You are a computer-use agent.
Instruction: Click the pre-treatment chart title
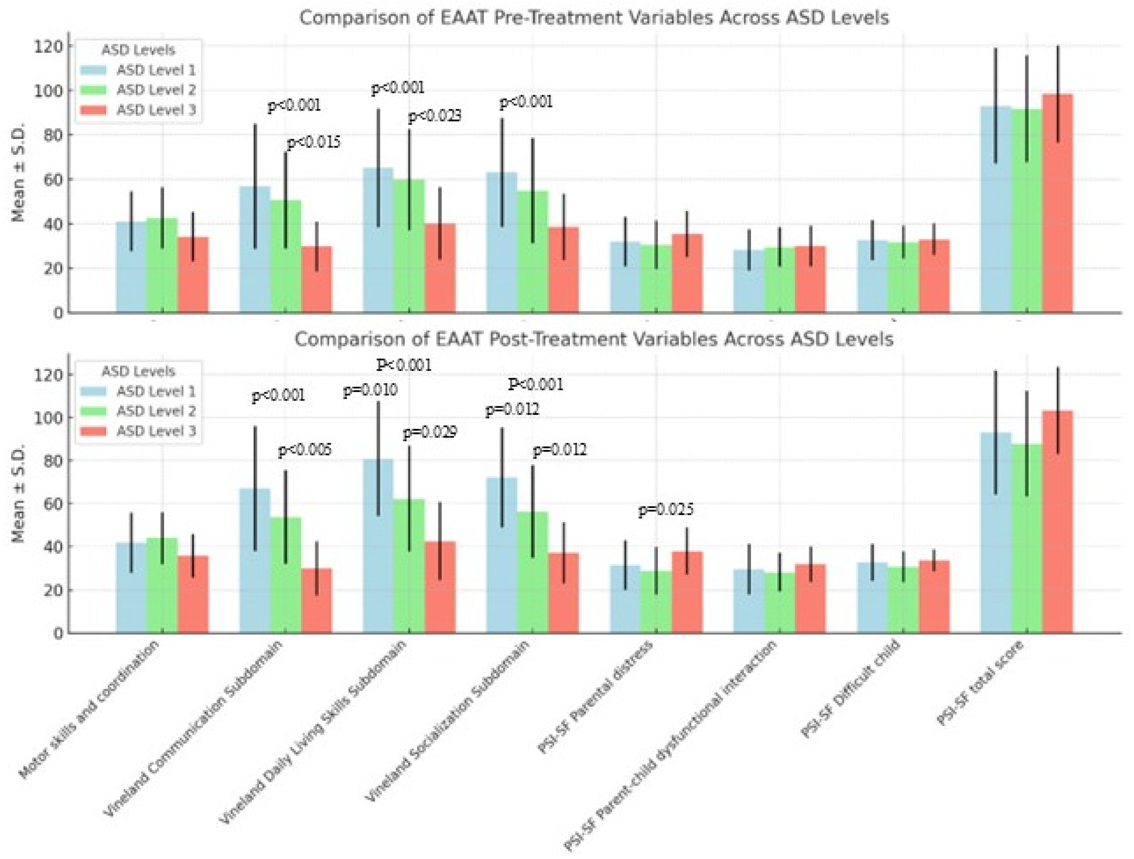[x=594, y=18]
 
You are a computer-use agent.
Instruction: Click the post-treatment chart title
[x=594, y=339]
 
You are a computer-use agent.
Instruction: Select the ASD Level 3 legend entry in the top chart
[x=156, y=110]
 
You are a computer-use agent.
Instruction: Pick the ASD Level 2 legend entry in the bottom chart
[x=156, y=411]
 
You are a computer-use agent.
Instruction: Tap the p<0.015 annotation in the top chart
[x=313, y=142]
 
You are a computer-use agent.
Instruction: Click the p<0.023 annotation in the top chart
[x=434, y=116]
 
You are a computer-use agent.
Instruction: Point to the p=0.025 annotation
[x=666, y=510]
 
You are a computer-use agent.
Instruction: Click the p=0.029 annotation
[x=430, y=433]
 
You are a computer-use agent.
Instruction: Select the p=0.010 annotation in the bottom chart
[x=370, y=391]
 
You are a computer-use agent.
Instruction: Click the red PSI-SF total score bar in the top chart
[x=1057, y=205]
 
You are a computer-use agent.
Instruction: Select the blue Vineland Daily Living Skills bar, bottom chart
[x=378, y=548]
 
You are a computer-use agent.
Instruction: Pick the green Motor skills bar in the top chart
[x=162, y=266]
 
